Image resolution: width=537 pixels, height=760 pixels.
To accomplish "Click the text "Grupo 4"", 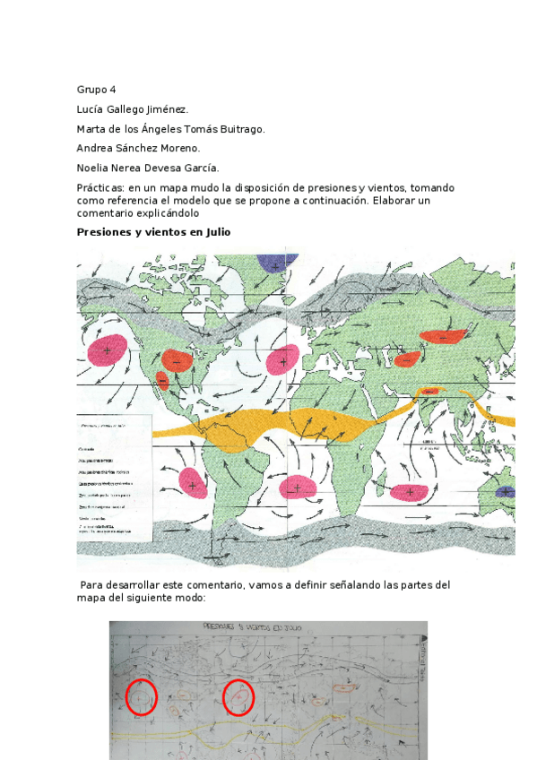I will [96, 90].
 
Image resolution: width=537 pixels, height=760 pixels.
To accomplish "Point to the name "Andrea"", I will [95, 148].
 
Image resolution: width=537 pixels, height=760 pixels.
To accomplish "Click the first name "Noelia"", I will [94, 168].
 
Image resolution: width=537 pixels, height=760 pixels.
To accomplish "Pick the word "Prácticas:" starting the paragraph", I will [100, 188].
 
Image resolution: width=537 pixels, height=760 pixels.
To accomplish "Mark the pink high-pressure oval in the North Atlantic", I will [283, 360].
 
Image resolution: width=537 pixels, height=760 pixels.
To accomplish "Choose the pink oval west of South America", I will [193, 483].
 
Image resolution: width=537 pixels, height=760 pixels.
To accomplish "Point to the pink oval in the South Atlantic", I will [297, 488].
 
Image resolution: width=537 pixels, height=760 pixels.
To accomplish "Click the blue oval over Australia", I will [505, 491].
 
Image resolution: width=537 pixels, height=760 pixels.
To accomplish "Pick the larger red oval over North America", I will [176, 361].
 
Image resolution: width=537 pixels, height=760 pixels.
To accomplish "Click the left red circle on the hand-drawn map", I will [140, 696].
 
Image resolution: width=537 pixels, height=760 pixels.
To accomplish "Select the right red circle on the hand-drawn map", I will [238, 697].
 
